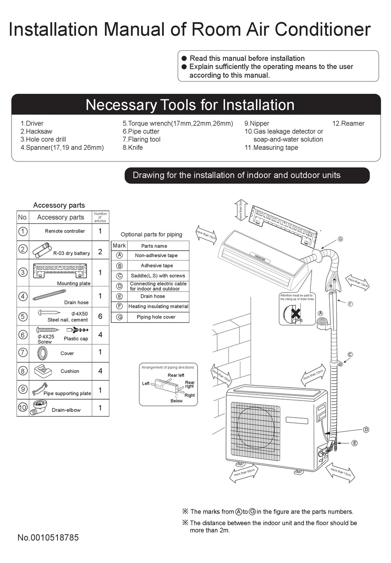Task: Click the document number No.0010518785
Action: click(48, 537)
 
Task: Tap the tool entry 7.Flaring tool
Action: click(141, 140)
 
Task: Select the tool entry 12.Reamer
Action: click(348, 123)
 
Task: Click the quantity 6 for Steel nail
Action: click(100, 316)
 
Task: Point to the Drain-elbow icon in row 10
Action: click(40, 407)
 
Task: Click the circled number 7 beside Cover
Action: click(23, 353)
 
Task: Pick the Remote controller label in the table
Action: click(65, 231)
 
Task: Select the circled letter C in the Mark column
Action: click(119, 276)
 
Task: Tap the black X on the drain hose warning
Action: click(296, 314)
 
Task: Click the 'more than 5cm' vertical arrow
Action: click(241, 210)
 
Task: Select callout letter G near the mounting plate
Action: click(340, 239)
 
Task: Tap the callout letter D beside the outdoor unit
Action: click(366, 430)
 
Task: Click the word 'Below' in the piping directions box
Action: click(176, 401)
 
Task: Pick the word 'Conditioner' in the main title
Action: click(323, 30)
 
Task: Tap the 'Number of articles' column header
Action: click(100, 217)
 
